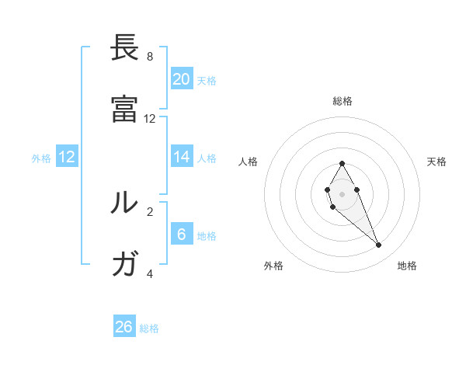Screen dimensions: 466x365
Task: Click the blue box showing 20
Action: pyautogui.click(x=182, y=79)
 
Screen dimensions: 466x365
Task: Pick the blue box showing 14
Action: pyautogui.click(x=182, y=157)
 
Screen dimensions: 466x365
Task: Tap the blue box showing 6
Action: pyautogui.click(x=182, y=234)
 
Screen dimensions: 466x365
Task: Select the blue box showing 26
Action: pyautogui.click(x=124, y=327)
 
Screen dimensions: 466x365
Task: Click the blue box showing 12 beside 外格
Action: pyautogui.click(x=67, y=157)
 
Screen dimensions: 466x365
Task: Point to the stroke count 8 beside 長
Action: pyautogui.click(x=150, y=57)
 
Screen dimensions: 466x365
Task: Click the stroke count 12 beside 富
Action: pyautogui.click(x=150, y=119)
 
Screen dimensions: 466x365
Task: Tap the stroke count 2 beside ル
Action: pyautogui.click(x=150, y=211)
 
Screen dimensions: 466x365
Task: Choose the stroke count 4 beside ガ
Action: pyautogui.click(x=150, y=273)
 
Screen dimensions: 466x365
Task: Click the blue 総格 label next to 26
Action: pyautogui.click(x=149, y=328)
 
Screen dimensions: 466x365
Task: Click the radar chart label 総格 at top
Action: pyautogui.click(x=342, y=102)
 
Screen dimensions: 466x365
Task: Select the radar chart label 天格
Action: pyautogui.click(x=436, y=162)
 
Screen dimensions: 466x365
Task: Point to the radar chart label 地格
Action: pyautogui.click(x=407, y=266)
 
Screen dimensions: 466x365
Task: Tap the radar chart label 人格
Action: pyautogui.click(x=249, y=162)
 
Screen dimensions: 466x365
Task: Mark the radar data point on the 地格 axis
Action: pyautogui.click(x=379, y=245)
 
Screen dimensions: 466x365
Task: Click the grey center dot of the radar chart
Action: pyautogui.click(x=342, y=193)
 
